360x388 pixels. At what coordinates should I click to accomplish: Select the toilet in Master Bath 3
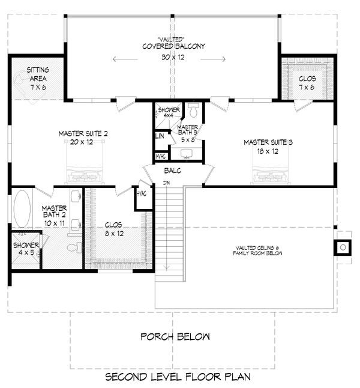[x=193, y=112]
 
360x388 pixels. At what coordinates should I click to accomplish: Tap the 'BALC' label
[x=173, y=171]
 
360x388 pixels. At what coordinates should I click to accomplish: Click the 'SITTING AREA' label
[x=38, y=74]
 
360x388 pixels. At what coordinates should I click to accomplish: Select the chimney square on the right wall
[x=342, y=246]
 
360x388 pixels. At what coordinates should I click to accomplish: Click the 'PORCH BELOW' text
[x=175, y=336]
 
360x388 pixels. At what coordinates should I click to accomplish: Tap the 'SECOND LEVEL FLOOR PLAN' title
[x=177, y=377]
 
